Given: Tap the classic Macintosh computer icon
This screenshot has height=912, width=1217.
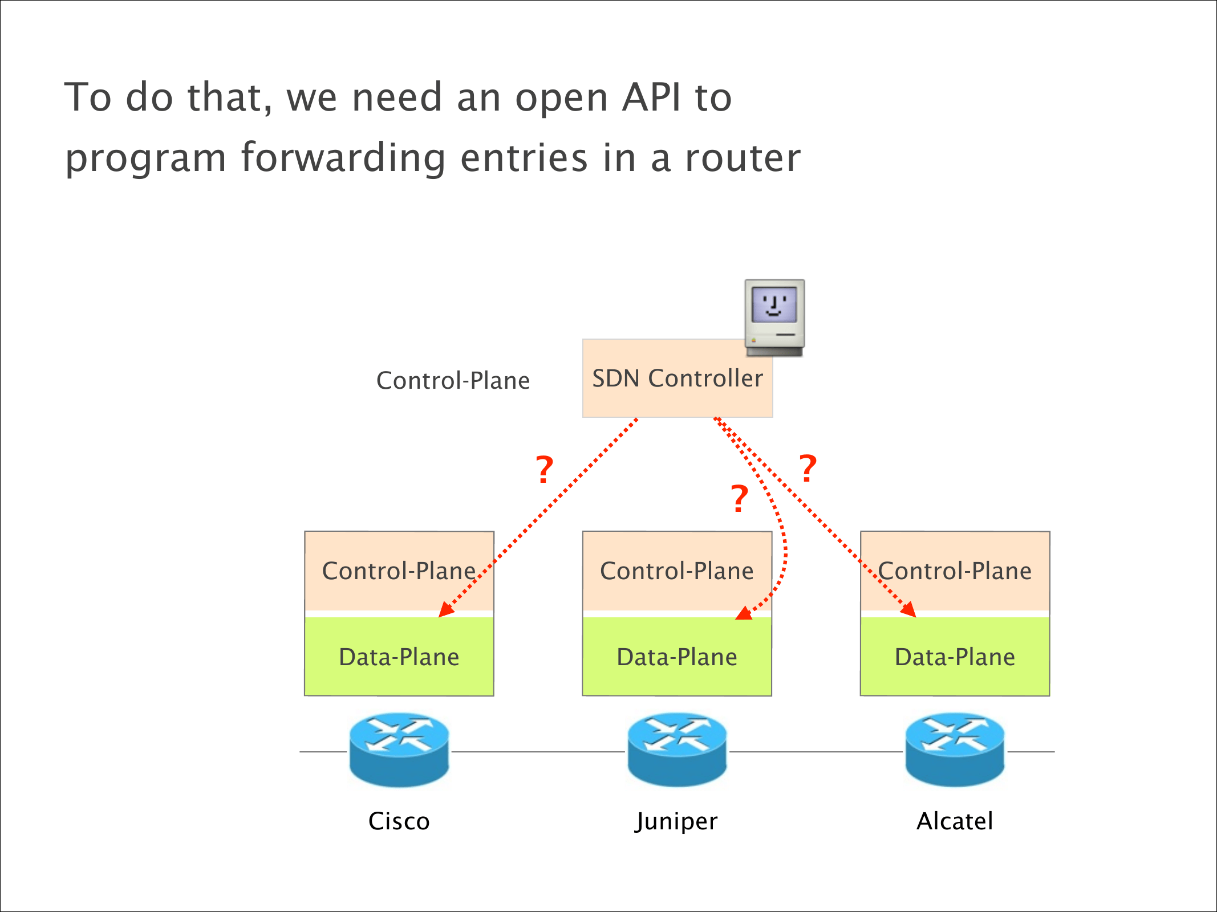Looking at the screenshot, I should pyautogui.click(x=774, y=317).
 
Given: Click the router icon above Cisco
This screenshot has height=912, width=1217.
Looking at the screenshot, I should pyautogui.click(x=399, y=750).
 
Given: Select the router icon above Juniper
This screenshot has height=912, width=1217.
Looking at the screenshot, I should pyautogui.click(x=677, y=750).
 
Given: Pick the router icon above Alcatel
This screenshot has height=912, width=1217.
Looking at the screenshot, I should pyautogui.click(x=955, y=750).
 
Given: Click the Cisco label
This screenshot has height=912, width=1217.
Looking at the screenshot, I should pyautogui.click(x=399, y=821).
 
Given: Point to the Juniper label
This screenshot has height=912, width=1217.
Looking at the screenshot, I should pyautogui.click(x=676, y=821).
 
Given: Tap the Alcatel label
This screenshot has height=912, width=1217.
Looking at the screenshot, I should pyautogui.click(x=955, y=821).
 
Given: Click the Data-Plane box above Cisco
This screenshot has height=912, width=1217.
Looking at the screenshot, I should pyautogui.click(x=399, y=657).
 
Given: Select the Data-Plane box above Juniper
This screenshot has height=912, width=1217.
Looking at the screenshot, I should pyautogui.click(x=677, y=657).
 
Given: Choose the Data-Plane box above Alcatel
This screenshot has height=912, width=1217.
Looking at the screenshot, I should pyautogui.click(x=955, y=657).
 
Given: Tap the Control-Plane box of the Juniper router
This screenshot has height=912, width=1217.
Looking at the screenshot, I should pyautogui.click(x=677, y=571).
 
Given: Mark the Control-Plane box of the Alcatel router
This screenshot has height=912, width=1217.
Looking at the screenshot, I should pyautogui.click(x=955, y=571).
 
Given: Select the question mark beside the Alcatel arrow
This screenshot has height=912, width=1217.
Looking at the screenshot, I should pyautogui.click(x=808, y=469).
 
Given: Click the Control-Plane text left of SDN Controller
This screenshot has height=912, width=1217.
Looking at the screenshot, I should pyautogui.click(x=453, y=381).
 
